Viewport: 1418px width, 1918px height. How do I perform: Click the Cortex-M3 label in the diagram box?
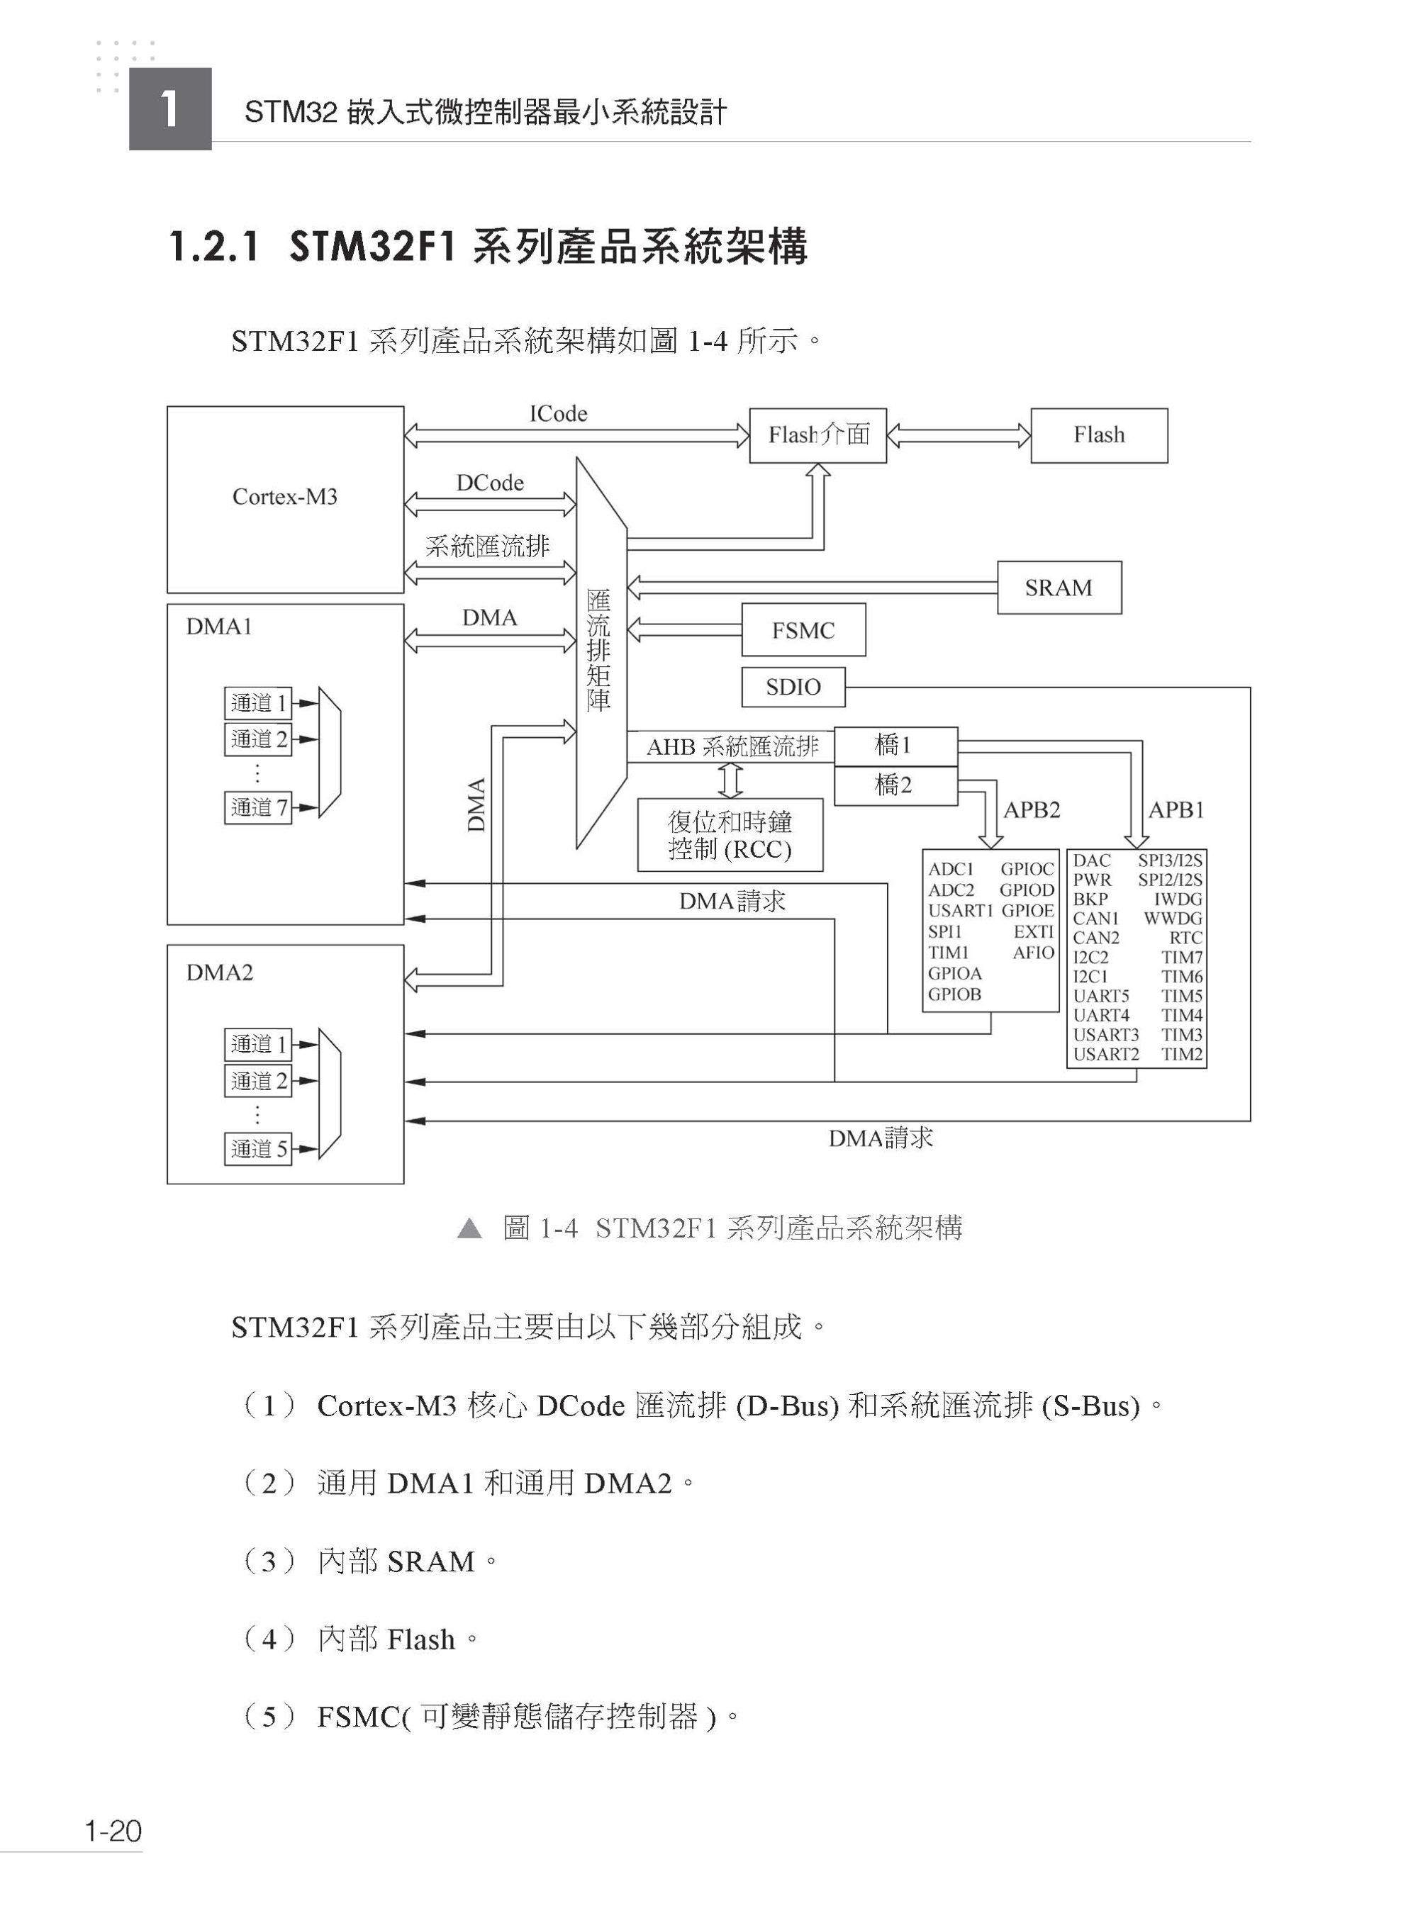(285, 497)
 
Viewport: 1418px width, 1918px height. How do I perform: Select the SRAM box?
(1059, 588)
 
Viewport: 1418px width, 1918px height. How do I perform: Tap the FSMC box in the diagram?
(803, 631)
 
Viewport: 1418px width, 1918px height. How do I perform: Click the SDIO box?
(793, 688)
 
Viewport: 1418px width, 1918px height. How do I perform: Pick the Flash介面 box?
(817, 435)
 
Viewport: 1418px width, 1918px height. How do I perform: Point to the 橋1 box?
(895, 745)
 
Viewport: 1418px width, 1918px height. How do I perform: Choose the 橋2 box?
(895, 785)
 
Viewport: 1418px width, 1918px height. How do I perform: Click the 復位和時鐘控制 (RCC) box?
(730, 835)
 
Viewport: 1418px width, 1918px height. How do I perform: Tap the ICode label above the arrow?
(558, 414)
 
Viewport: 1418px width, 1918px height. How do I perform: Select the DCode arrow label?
(489, 483)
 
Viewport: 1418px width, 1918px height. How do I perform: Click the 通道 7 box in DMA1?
(257, 807)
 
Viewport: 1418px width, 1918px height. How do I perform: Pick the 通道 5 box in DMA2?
(257, 1148)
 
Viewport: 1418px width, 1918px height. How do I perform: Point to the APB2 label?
(1032, 810)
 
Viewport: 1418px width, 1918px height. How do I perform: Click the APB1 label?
(1176, 810)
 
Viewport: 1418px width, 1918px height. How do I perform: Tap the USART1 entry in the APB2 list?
(960, 911)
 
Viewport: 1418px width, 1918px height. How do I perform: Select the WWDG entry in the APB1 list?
(1173, 918)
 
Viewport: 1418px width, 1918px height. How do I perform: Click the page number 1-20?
(113, 1831)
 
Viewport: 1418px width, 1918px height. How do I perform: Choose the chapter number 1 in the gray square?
(170, 109)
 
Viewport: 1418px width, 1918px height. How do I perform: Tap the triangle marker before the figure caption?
(469, 1228)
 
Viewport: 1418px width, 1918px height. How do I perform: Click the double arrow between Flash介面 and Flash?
(958, 436)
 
